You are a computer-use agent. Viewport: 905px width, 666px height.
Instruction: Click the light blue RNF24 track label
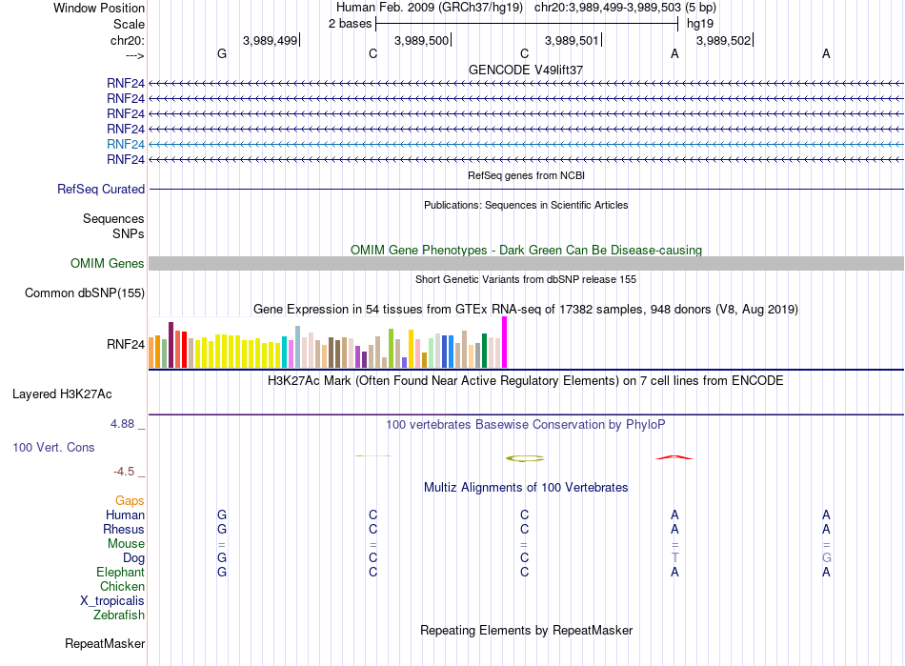[125, 144]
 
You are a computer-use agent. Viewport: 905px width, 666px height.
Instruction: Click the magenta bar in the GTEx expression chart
[505, 342]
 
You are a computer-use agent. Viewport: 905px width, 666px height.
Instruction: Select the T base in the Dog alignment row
[674, 558]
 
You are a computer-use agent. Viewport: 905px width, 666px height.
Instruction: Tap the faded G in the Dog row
[827, 558]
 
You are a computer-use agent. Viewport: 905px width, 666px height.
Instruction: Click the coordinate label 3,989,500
[421, 40]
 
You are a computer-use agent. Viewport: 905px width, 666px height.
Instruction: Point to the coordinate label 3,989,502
[724, 40]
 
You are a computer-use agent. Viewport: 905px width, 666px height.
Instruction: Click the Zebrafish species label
[119, 616]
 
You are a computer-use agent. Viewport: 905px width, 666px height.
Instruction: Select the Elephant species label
[120, 573]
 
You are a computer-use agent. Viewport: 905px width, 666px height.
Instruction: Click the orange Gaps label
[130, 501]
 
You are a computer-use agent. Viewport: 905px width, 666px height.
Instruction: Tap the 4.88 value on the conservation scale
[122, 424]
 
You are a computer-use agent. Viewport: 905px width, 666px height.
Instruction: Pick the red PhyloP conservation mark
[674, 457]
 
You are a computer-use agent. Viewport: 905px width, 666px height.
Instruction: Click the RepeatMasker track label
[105, 644]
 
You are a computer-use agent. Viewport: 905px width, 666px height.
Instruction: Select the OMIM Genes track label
[108, 264]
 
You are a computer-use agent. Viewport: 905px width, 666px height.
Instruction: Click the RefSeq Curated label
[101, 190]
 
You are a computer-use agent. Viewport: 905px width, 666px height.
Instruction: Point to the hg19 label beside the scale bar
[700, 24]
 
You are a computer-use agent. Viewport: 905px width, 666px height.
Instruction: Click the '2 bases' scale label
[351, 24]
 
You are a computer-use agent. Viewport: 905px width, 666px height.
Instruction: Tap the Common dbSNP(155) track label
[85, 293]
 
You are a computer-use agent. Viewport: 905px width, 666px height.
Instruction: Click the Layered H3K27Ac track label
[62, 394]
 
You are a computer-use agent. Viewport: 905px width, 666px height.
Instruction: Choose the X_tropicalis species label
[112, 601]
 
